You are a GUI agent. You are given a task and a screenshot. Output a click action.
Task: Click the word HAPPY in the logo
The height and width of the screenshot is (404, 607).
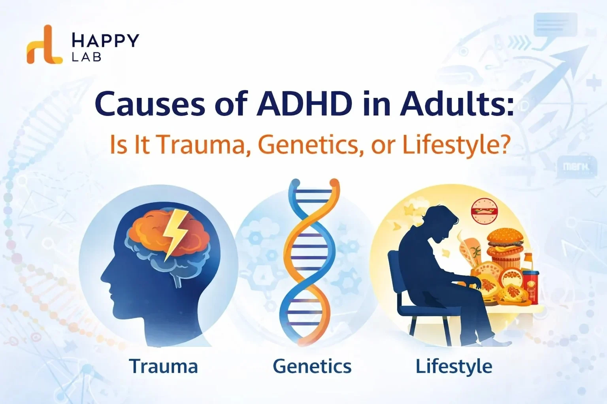coord(105,40)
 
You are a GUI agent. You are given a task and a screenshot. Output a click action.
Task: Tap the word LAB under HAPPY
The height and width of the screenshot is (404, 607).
coord(87,57)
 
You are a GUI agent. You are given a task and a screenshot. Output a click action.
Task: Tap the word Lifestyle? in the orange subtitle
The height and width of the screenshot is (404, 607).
coord(454,145)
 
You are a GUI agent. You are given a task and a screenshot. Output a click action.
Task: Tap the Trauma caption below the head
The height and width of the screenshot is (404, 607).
coord(163,366)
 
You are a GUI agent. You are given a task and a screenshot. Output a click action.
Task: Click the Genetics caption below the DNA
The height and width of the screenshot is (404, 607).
coord(312,366)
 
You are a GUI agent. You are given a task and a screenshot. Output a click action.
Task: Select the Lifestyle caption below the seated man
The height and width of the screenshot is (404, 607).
coord(454,366)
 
